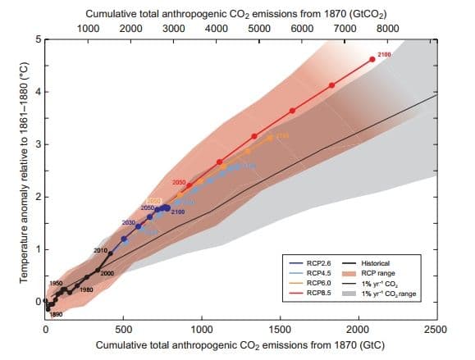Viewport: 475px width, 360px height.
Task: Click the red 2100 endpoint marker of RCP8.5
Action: point(372,59)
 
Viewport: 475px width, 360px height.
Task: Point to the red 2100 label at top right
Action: point(385,53)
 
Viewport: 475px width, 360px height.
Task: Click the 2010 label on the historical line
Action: point(100,249)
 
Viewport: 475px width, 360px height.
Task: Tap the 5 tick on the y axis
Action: point(37,40)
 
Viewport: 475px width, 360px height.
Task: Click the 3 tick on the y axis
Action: point(37,145)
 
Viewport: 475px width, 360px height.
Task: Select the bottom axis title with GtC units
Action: point(240,345)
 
